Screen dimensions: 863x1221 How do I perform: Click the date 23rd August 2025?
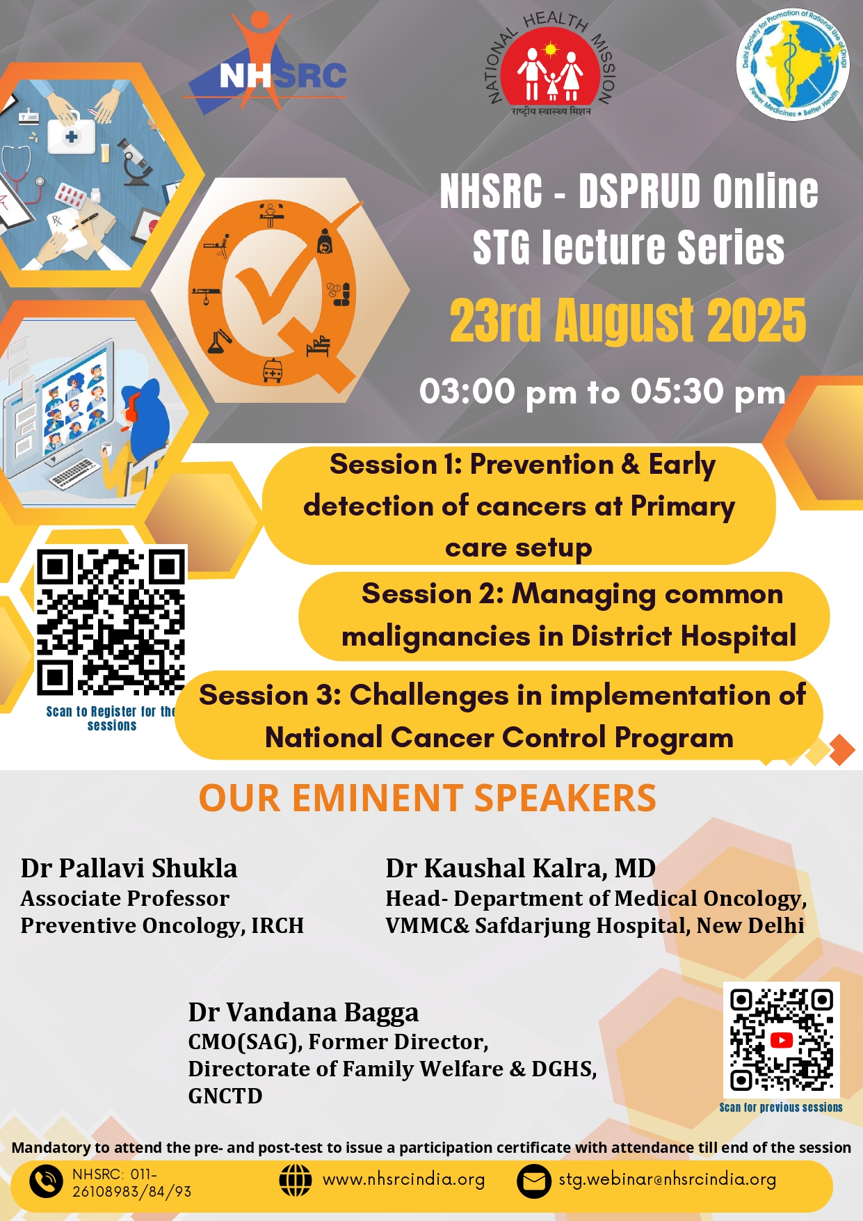627,321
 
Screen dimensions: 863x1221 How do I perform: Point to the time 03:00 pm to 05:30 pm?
602,392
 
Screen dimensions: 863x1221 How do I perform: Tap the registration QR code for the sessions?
111,621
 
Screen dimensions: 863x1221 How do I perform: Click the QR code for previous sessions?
781,1039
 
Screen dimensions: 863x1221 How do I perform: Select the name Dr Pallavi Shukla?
129,868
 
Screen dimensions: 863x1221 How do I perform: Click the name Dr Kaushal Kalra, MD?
521,868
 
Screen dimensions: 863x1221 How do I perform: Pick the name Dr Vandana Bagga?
303,1012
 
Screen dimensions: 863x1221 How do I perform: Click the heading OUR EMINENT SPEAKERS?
428,798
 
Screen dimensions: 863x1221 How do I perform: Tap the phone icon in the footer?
47,1181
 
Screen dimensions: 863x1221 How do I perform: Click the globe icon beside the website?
296,1180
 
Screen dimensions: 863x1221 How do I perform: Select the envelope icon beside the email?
535,1181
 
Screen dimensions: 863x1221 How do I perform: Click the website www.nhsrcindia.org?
404,1180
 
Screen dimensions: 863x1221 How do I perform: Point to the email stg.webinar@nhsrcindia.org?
668,1180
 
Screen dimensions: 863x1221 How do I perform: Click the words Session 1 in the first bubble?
396,464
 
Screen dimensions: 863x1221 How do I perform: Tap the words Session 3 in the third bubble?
270,695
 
